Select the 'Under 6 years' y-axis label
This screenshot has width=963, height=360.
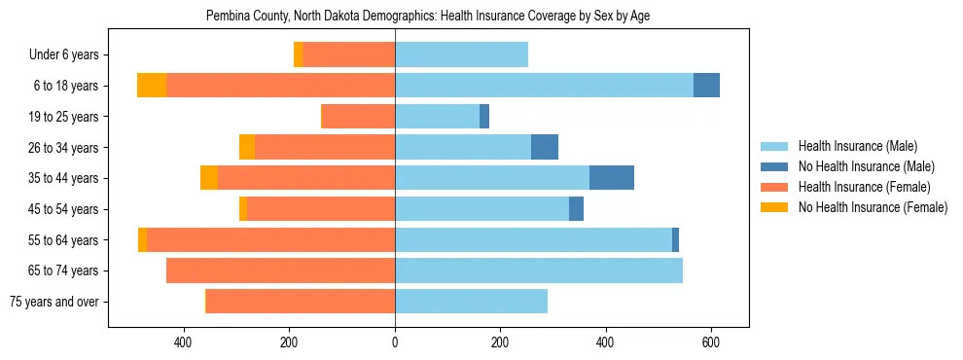69,55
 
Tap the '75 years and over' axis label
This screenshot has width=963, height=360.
54,302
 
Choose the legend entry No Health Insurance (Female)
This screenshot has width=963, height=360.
873,207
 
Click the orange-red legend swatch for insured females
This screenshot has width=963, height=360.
774,187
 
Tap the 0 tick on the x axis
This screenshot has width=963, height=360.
395,343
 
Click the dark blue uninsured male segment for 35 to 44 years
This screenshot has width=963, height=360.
612,178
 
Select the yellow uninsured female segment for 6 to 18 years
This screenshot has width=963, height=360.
152,86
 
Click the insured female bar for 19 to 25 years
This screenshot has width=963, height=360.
358,117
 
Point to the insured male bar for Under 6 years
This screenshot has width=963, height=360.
461,55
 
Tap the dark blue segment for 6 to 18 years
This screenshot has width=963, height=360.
706,86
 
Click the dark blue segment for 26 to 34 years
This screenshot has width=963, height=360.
545,147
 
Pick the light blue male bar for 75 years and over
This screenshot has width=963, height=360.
471,302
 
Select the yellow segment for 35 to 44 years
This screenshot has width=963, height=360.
209,178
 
